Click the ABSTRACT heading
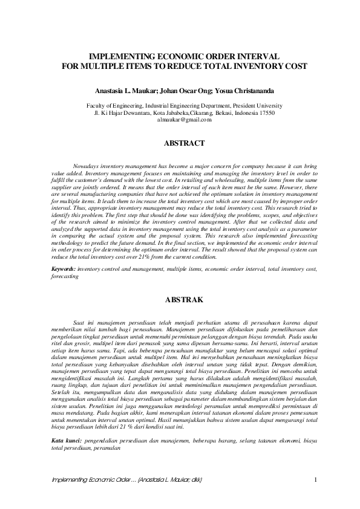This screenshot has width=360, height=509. coord(184,143)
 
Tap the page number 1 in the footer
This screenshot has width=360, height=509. coord(316,480)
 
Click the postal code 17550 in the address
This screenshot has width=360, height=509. coord(265,112)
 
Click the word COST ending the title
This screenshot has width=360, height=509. coord(293,65)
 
